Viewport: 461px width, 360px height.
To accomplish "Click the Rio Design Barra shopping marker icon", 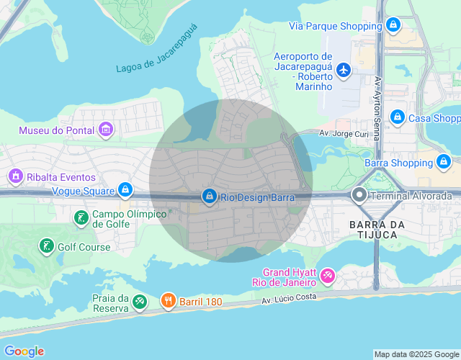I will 210,196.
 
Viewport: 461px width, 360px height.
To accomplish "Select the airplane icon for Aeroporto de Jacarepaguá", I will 343,70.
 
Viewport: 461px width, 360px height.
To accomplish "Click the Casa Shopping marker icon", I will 397,117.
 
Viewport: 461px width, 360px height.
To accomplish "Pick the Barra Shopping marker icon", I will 444,162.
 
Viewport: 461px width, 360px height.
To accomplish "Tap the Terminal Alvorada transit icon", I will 359,195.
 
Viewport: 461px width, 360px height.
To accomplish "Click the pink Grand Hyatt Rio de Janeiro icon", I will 328,276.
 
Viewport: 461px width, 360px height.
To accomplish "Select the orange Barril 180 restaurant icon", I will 168,301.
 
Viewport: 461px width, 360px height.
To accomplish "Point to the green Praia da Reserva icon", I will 140,302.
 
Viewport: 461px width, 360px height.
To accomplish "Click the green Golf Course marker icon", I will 47,246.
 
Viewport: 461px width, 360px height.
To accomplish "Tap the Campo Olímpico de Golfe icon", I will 81,217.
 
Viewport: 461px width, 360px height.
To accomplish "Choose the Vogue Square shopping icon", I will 125,190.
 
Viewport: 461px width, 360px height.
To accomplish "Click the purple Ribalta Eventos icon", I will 14,176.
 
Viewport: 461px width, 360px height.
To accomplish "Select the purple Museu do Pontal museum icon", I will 107,130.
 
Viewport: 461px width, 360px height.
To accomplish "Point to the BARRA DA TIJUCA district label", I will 373,230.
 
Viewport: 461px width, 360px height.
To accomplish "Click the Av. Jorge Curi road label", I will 344,134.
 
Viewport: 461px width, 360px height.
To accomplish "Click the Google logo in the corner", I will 23,351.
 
